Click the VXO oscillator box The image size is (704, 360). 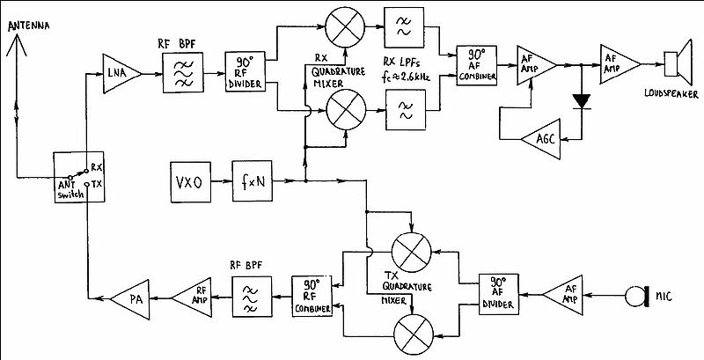(190, 182)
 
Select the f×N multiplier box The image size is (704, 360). (253, 181)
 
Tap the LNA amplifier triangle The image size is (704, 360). (120, 74)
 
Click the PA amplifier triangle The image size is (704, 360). (134, 299)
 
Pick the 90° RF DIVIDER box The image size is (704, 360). (246, 72)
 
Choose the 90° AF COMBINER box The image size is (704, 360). (476, 65)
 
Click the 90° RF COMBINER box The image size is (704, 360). (312, 297)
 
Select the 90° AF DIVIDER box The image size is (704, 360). (499, 294)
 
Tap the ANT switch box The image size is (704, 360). (79, 177)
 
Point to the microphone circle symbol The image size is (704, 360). (634, 298)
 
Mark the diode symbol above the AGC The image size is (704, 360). (583, 102)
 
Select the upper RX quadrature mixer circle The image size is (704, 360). (345, 26)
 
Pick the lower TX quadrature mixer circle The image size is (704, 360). (414, 334)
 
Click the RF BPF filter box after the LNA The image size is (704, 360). (183, 72)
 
